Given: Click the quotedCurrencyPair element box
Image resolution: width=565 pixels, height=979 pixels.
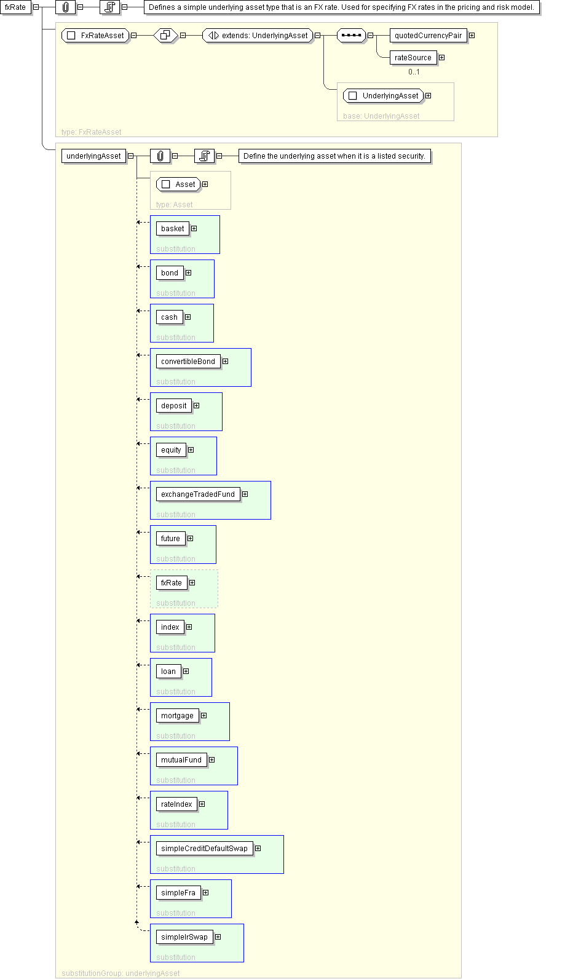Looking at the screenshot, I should [428, 36].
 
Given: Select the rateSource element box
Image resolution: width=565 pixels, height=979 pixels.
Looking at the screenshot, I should [413, 58].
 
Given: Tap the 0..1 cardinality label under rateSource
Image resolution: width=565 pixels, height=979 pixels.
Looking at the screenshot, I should [414, 72].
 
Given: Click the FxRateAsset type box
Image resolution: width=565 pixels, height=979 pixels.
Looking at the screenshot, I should [96, 36].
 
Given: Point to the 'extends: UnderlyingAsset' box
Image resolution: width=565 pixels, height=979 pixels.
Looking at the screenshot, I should [258, 36].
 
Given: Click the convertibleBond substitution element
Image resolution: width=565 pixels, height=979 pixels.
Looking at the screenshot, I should [188, 362].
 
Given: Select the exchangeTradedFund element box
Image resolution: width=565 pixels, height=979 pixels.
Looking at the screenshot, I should [198, 494].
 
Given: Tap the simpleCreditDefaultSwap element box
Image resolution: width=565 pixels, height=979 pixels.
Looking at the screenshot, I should [204, 849].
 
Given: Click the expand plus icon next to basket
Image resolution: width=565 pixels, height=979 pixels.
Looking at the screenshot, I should [194, 229].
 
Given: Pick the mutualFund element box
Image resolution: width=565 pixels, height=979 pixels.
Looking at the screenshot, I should [181, 760].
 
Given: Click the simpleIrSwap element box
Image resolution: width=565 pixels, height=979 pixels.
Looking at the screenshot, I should [184, 937].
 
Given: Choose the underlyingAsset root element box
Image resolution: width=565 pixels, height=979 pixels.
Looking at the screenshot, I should [93, 156].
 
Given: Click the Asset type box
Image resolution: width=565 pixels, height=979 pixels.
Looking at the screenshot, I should [179, 184].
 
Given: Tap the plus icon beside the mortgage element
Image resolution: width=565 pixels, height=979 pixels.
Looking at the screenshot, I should [204, 716].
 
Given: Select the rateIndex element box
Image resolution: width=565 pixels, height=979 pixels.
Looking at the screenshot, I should [176, 804].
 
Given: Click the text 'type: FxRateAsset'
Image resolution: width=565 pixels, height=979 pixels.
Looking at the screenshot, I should [92, 132].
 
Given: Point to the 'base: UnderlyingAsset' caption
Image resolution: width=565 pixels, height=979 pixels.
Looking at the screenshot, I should [381, 116].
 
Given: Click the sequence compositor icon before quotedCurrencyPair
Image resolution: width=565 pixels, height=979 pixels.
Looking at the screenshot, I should [351, 36].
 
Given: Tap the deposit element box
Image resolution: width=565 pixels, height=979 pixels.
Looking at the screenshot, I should [174, 406].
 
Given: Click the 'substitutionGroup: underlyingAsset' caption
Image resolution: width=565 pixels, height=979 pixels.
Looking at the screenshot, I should [121, 973].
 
